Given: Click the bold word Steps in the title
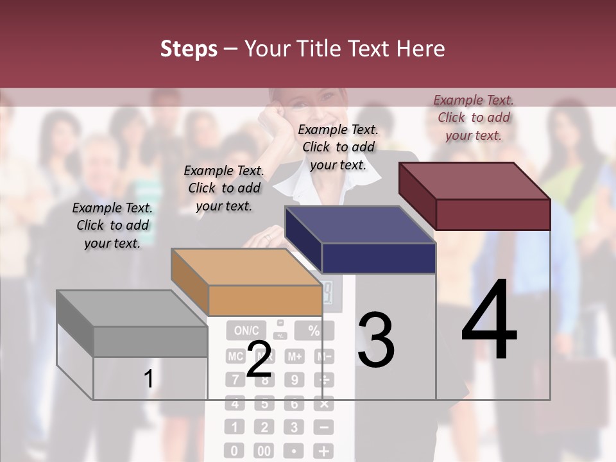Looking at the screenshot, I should click(x=189, y=49).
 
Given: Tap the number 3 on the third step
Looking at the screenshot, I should click(x=375, y=340).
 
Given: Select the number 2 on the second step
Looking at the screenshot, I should click(x=259, y=360).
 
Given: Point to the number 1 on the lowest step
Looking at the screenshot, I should click(x=148, y=379).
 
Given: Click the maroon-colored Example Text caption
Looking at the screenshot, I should click(x=474, y=117).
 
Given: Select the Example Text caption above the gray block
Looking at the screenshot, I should click(x=112, y=225).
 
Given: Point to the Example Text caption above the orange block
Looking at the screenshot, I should click(x=224, y=188).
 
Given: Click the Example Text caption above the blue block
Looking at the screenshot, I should click(x=338, y=147).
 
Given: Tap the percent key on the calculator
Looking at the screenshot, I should click(x=314, y=331).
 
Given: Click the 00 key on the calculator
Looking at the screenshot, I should click(x=264, y=451).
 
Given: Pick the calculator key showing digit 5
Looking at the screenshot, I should click(x=264, y=404).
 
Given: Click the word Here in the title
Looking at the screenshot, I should click(x=420, y=49).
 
